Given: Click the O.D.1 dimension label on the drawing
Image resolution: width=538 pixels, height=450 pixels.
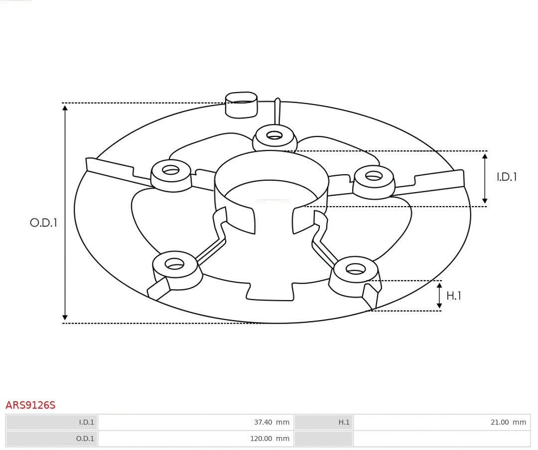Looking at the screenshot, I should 43,223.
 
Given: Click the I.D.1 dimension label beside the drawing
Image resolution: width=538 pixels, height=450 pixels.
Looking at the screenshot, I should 507,177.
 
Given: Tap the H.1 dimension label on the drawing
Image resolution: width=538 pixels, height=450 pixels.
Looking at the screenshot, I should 453,296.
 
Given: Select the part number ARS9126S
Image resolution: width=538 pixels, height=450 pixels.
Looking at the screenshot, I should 30,405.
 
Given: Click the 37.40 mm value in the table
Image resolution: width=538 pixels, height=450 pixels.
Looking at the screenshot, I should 271,422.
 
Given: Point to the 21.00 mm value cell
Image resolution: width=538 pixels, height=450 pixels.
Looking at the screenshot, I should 508,422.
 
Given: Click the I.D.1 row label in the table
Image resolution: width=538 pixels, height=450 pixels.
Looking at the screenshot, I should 86,422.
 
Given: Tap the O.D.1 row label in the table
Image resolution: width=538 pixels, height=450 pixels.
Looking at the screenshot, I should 85,439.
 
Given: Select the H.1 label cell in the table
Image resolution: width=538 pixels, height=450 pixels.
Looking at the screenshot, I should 344,422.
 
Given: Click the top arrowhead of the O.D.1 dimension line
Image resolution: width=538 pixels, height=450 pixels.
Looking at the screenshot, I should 65,108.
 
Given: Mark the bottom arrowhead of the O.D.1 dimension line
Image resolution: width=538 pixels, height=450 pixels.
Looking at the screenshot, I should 65,317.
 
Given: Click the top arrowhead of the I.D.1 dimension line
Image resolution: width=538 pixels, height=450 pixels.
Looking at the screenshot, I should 485,156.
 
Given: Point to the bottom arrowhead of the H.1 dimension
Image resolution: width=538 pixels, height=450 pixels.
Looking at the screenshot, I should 439,305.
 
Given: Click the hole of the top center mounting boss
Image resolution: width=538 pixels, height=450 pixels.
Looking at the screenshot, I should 274,135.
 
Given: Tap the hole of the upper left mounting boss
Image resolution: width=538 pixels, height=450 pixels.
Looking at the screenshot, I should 171,170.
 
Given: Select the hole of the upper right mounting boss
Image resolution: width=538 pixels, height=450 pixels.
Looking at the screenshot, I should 374,176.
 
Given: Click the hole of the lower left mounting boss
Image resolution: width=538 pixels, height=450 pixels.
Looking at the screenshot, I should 174,264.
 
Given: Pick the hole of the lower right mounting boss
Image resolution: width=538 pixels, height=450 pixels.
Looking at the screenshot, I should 356,269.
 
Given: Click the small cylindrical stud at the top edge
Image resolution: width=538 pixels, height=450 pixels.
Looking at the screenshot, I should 241,105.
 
